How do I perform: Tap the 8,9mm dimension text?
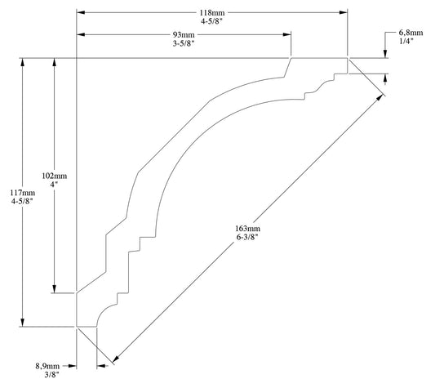47,367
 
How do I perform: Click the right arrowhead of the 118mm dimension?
344,12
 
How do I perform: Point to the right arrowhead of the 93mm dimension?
289,34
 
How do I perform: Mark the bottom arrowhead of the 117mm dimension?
22,323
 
